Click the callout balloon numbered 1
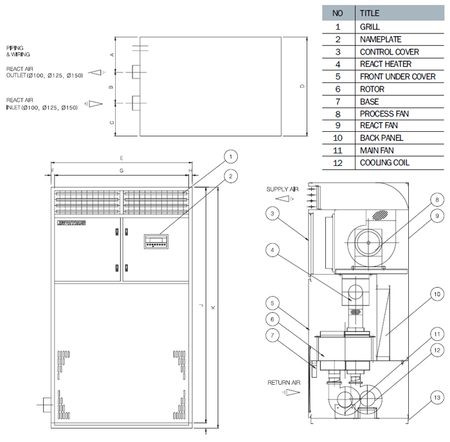pyautogui.click(x=231, y=156)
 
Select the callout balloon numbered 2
pyautogui.click(x=231, y=176)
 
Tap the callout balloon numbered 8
pyautogui.click(x=435, y=199)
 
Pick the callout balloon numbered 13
pyautogui.click(x=437, y=398)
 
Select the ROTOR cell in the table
pyautogui.click(x=372, y=89)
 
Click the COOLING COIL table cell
pyautogui.click(x=384, y=163)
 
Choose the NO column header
pyautogui.click(x=337, y=13)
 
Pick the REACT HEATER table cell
pyautogui.click(x=386, y=64)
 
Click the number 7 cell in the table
pyautogui.click(x=337, y=102)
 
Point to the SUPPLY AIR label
pyautogui.click(x=283, y=189)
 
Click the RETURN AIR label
pyautogui.click(x=284, y=382)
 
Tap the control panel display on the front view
pyautogui.click(x=157, y=242)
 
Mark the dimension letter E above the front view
pyautogui.click(x=121, y=158)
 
